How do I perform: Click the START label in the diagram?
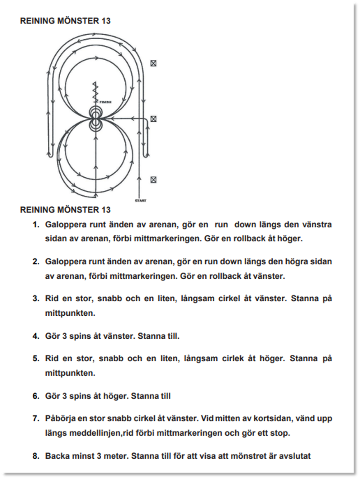coord(140,201)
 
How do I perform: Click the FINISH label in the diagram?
coord(105,102)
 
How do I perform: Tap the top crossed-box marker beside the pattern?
coord(153,63)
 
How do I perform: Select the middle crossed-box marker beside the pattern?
coord(153,119)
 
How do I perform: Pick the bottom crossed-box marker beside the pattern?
coord(153,180)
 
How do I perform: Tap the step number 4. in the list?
coord(36,336)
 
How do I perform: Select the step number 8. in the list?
coord(36,456)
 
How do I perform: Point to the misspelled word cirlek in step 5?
coord(225,359)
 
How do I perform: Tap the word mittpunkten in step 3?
coord(70,313)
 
